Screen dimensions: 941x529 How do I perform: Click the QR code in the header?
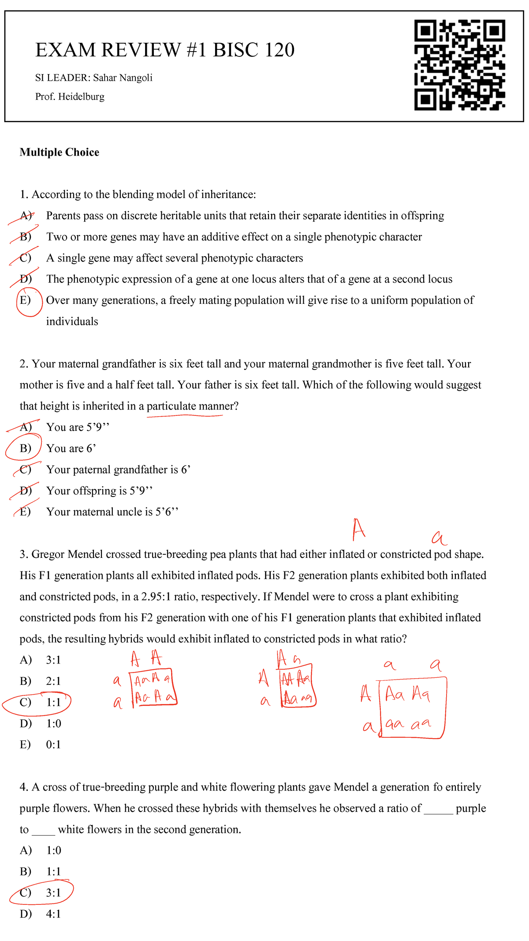coord(459,65)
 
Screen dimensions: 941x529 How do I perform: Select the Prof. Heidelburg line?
coord(70,97)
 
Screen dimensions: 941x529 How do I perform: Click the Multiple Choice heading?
coord(60,153)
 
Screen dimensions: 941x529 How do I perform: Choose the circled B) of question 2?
coord(25,448)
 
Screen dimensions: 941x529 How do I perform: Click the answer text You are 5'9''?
coord(78,427)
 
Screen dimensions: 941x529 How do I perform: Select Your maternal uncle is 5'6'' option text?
coord(112,512)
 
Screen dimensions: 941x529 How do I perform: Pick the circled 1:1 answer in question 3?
coord(53,702)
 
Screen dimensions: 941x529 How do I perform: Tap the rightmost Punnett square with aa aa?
coord(412,708)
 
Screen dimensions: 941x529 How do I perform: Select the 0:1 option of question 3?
coord(53,745)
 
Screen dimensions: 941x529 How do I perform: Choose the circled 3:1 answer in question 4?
coord(53,893)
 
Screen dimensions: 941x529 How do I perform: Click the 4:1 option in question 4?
coord(53,914)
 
